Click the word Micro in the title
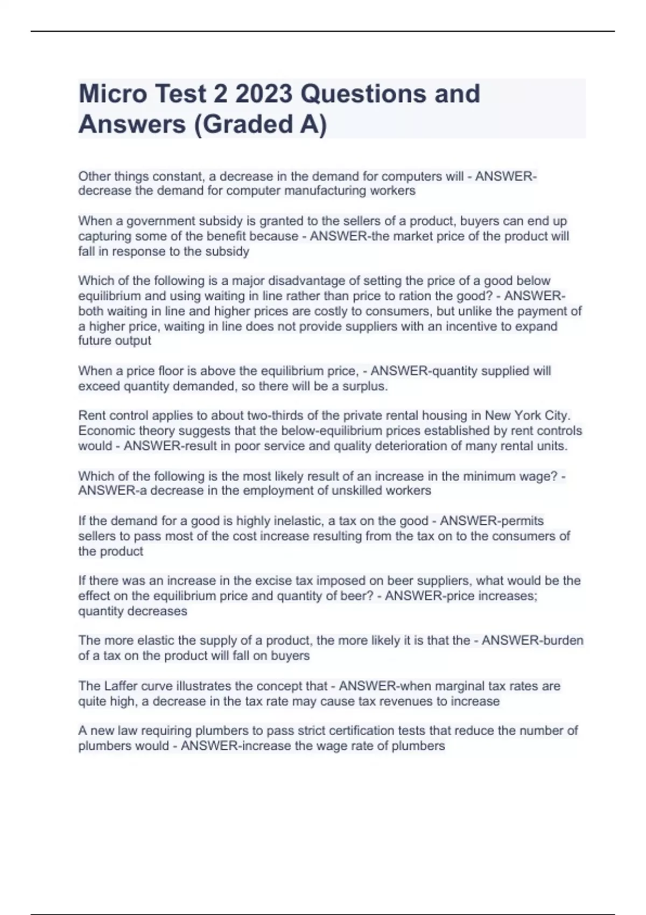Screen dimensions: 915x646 click(113, 94)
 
